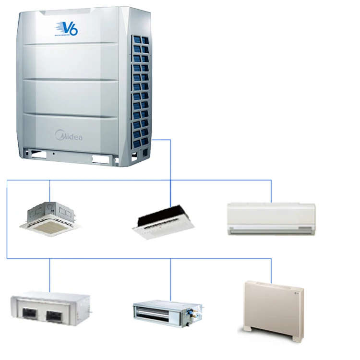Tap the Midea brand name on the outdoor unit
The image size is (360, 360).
coord(70,137)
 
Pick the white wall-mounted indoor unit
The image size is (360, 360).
coord(271,219)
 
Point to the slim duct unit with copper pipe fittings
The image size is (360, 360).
coord(165,311)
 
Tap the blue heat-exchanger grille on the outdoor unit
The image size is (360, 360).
coord(142,86)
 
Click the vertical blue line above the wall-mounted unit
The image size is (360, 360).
coord(271,191)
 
